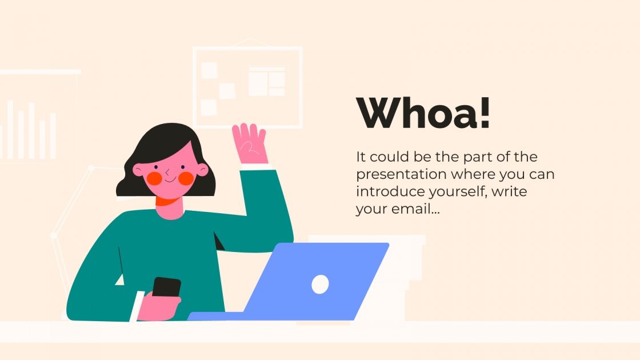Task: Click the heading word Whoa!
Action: pos(423,113)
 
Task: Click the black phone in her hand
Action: pos(166,287)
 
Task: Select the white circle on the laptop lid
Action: pos(320,284)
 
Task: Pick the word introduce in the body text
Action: pos(384,191)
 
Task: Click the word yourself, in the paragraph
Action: pos(455,191)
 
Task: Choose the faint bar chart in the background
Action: pos(31,131)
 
